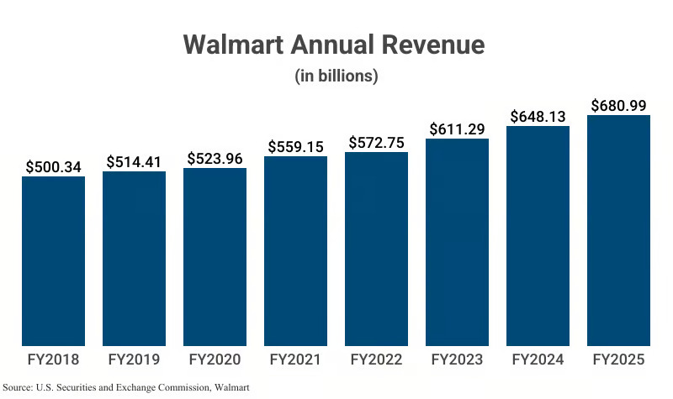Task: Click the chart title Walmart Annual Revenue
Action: tap(335, 45)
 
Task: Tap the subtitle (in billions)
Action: tap(336, 76)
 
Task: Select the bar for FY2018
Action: tap(53, 260)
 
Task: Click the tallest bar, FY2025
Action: tap(618, 230)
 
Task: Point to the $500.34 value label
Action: tap(53, 166)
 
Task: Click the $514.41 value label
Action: tap(134, 161)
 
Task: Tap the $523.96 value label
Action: tap(215, 158)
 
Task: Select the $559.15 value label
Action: tap(295, 146)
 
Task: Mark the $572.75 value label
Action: tap(376, 142)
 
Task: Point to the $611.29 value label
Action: tap(457, 129)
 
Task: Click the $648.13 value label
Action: tap(538, 116)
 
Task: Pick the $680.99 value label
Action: tap(618, 105)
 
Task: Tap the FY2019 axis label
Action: tap(134, 360)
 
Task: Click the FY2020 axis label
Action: tap(215, 360)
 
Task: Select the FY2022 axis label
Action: tap(376, 360)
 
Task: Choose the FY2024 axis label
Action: tap(538, 360)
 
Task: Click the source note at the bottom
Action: tap(127, 388)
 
